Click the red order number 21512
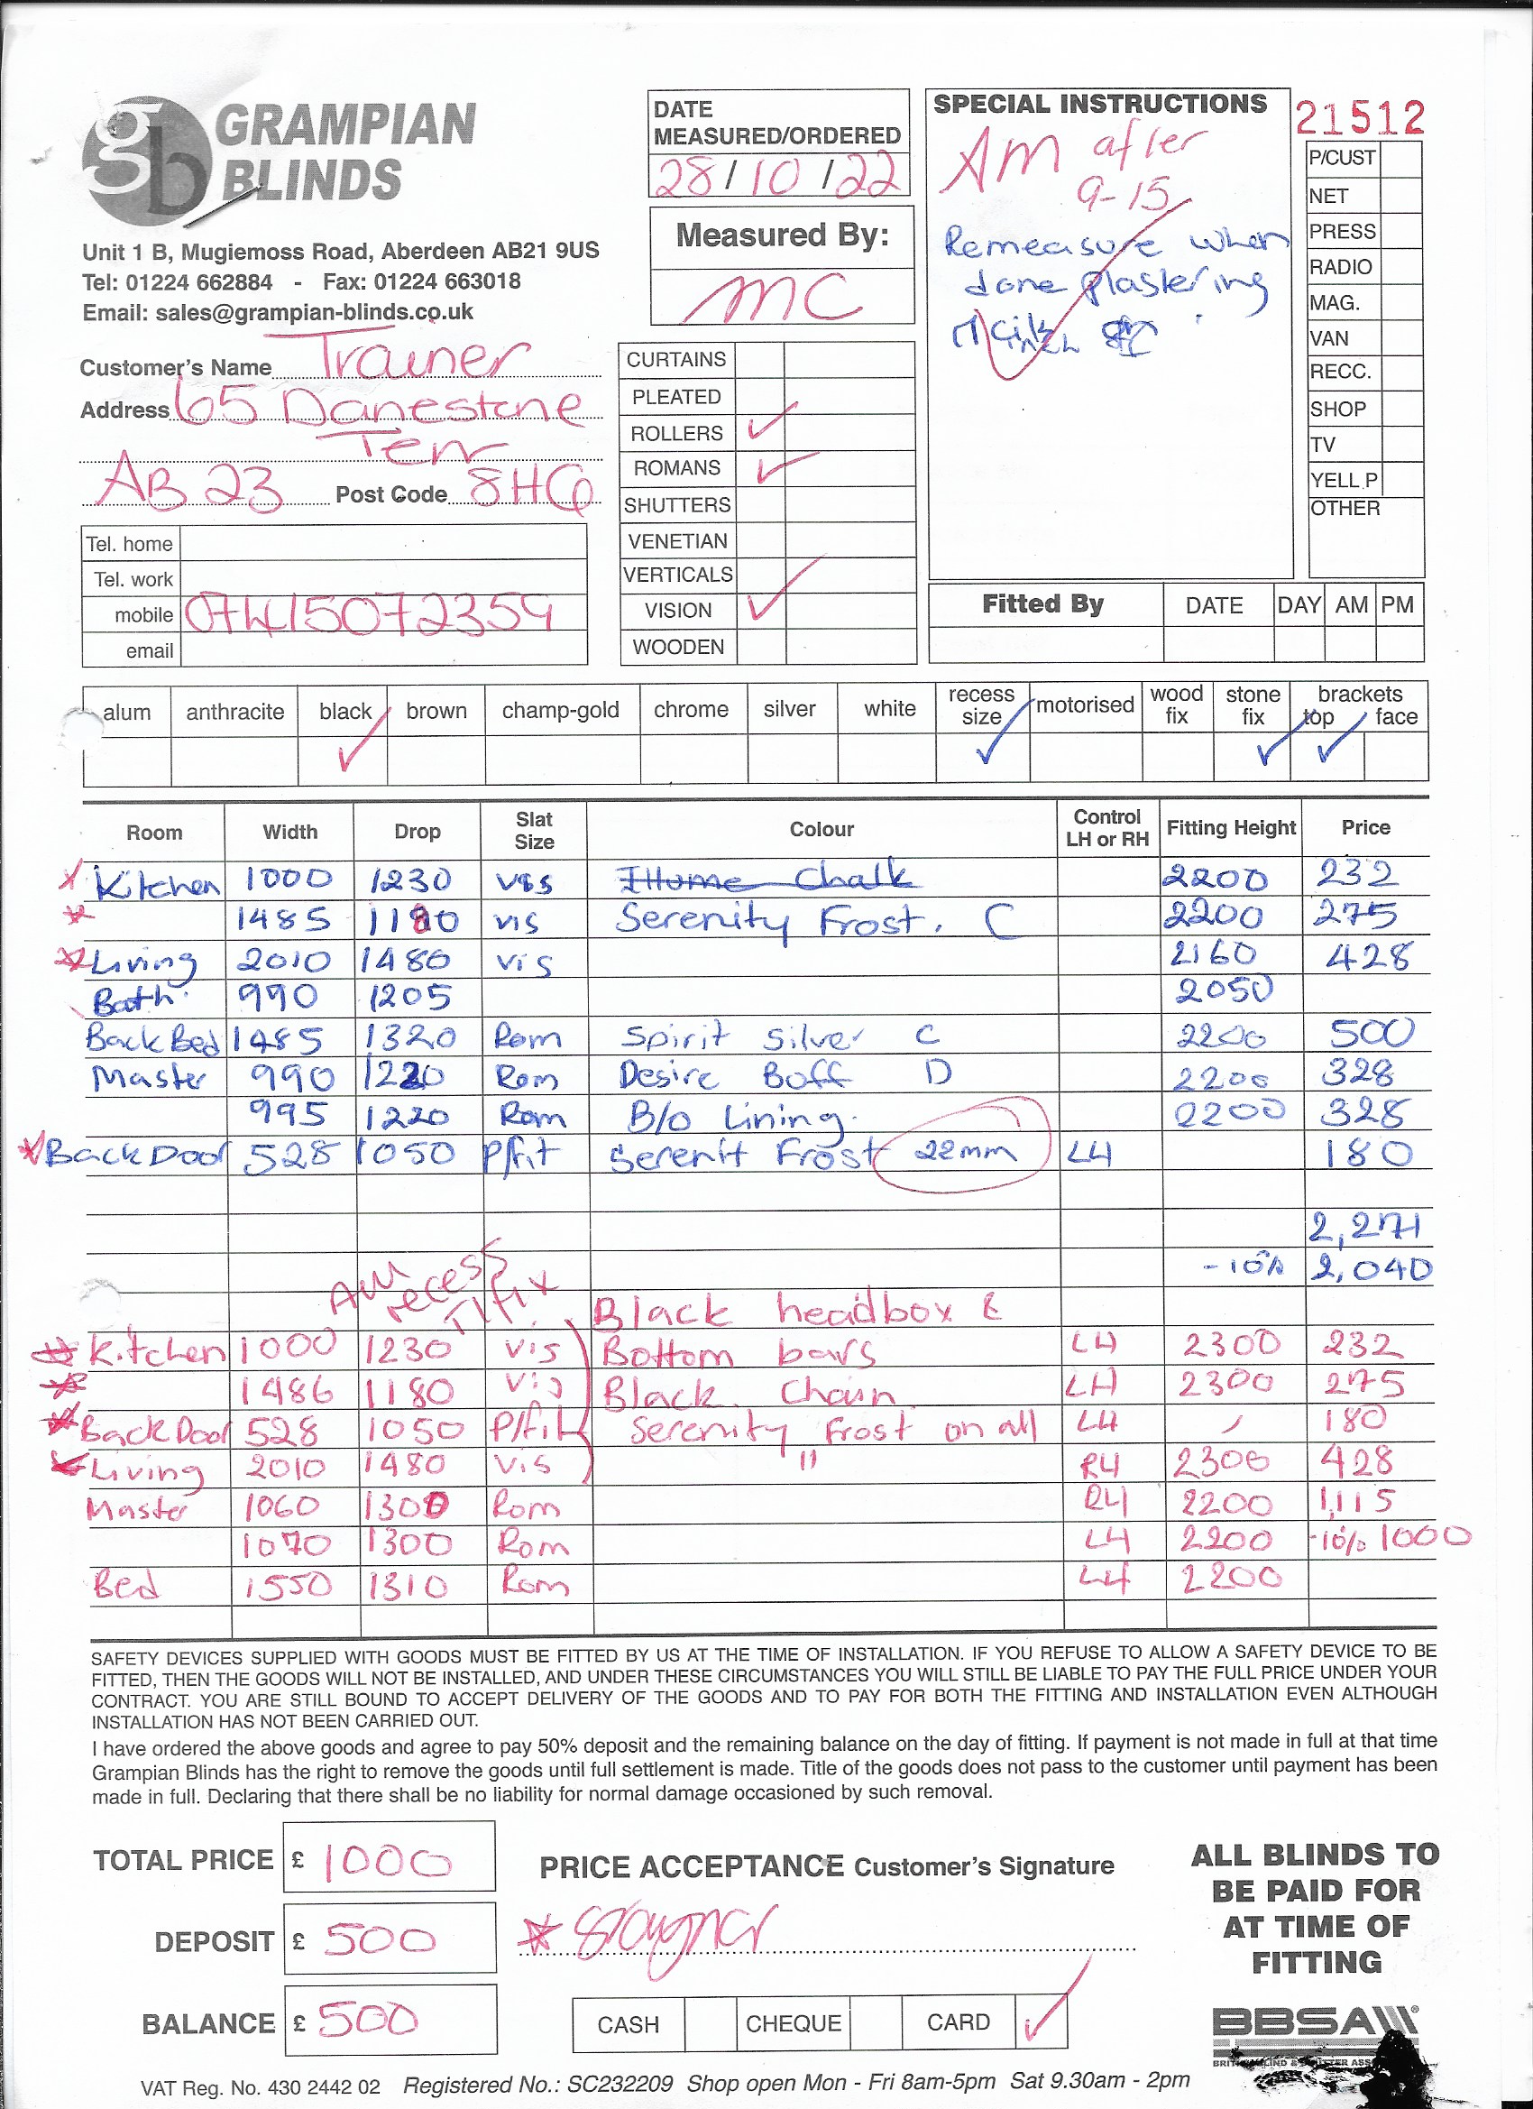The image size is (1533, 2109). pyautogui.click(x=1359, y=119)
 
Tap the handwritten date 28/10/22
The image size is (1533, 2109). pyautogui.click(x=777, y=175)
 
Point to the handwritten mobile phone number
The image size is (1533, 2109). pyautogui.click(x=369, y=614)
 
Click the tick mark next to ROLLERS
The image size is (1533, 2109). pyautogui.click(x=769, y=423)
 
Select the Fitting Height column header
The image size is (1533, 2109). pyautogui.click(x=1231, y=827)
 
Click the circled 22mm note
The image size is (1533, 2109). pyautogui.click(x=964, y=1154)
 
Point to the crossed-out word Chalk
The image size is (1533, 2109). pyautogui.click(x=851, y=877)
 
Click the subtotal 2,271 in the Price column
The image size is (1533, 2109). pyautogui.click(x=1363, y=1229)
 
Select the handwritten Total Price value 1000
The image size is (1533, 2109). pyautogui.click(x=387, y=1862)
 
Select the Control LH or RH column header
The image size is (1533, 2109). pyautogui.click(x=1106, y=827)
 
